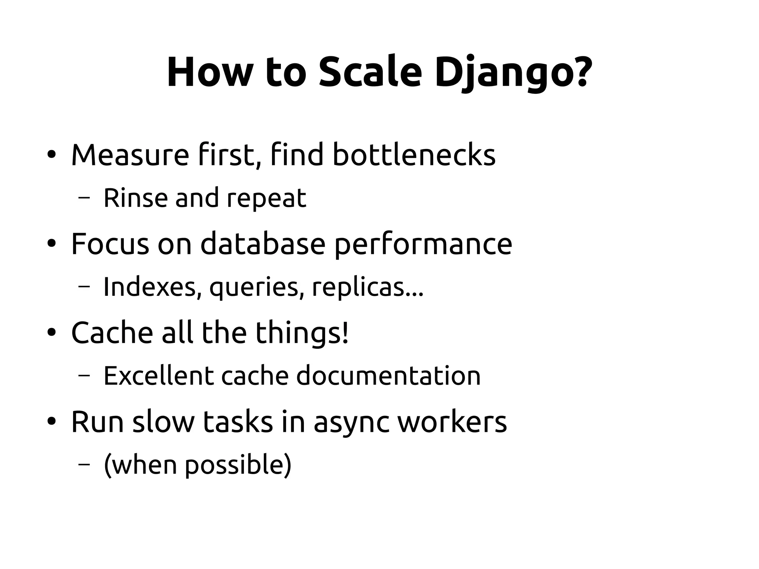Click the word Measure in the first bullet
[x=130, y=155]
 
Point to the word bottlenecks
[x=414, y=155]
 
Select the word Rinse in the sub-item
[x=135, y=198]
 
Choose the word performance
[x=423, y=245]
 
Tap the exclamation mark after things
[x=345, y=332]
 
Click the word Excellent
[x=159, y=376]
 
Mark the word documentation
[x=388, y=376]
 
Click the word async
[x=351, y=423]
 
